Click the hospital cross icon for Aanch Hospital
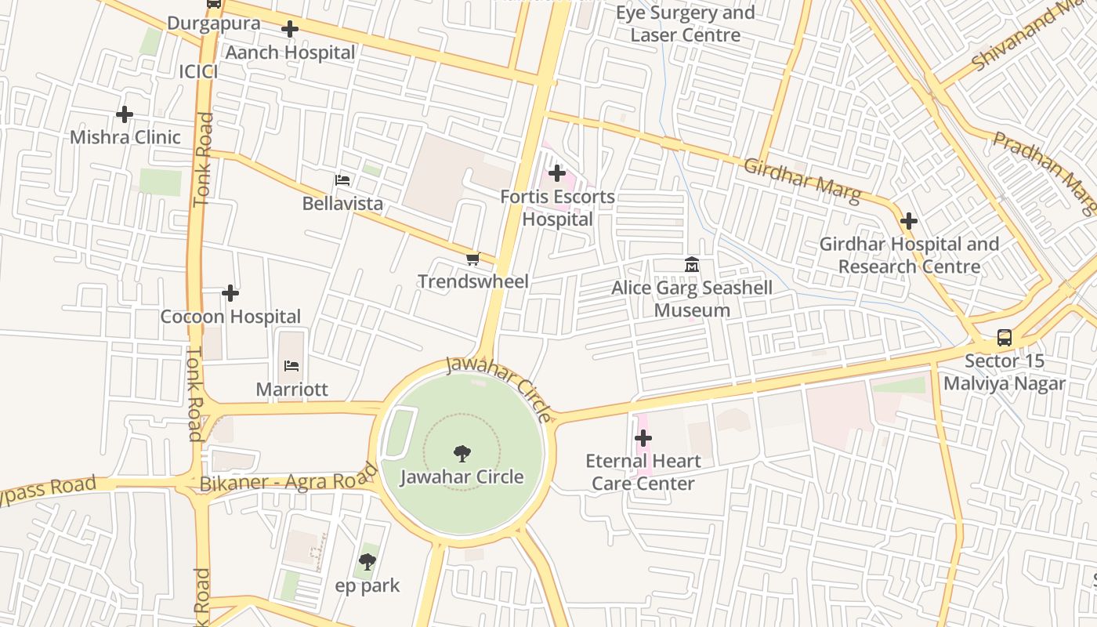[290, 30]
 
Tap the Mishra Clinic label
[125, 137]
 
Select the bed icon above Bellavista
[342, 181]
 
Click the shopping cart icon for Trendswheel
[472, 259]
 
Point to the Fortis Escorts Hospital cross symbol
[557, 173]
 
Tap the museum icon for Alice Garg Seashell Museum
[692, 265]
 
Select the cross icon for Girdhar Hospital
[909, 221]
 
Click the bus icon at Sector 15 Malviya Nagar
[1004, 338]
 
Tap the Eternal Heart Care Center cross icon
[643, 437]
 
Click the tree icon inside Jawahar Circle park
[462, 453]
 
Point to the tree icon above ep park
[367, 562]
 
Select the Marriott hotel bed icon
[291, 366]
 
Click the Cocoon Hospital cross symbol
[230, 293]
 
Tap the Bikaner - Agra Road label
[289, 480]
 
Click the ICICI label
[198, 71]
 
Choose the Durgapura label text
[213, 23]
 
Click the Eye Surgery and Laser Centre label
[686, 24]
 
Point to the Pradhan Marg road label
[1045, 172]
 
